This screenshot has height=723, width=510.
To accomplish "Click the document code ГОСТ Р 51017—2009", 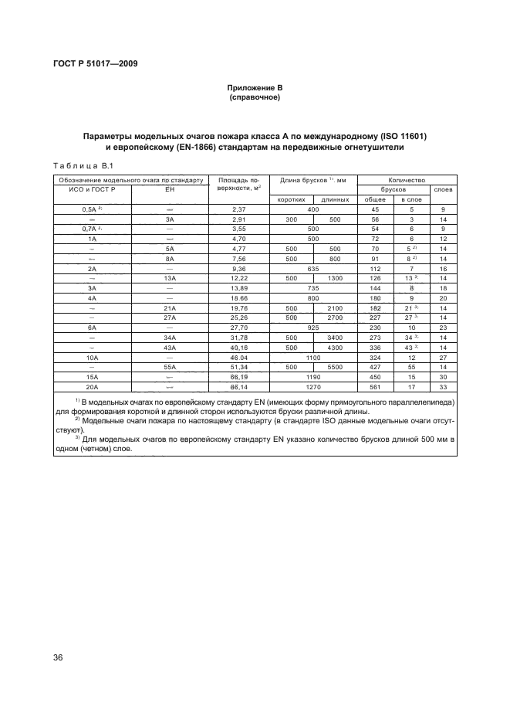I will click(x=96, y=64).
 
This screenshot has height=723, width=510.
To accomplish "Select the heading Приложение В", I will click(x=255, y=89).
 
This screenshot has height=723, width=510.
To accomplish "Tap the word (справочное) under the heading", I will click(x=255, y=98).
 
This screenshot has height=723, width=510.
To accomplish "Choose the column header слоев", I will click(x=443, y=188).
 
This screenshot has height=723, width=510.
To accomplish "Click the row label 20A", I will click(x=93, y=387).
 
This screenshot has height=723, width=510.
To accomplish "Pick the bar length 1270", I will click(x=313, y=387).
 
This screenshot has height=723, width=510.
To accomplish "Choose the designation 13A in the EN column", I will click(x=171, y=279).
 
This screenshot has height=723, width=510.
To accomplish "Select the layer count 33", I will click(x=443, y=387).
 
